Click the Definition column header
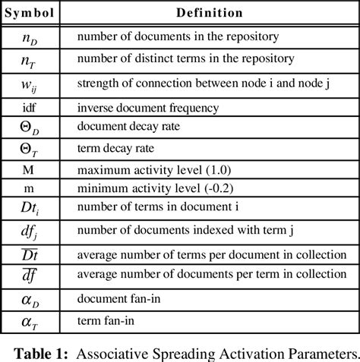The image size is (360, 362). [x=210, y=13]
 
